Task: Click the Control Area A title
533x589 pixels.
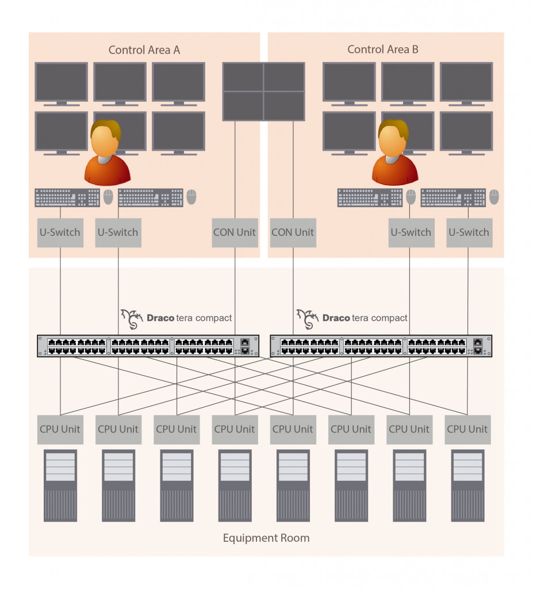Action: click(144, 50)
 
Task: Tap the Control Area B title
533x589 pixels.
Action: click(383, 49)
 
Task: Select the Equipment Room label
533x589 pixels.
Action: click(266, 538)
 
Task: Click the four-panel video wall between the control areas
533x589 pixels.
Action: click(264, 91)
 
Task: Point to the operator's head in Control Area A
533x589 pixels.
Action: click(105, 137)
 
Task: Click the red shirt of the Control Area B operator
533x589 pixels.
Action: click(394, 170)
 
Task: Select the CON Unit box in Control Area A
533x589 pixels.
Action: click(235, 232)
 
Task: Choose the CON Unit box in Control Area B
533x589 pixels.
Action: click(293, 232)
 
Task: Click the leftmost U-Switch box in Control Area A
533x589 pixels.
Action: click(60, 232)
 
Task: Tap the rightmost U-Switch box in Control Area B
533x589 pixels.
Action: click(469, 232)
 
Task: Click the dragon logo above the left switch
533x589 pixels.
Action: click(132, 319)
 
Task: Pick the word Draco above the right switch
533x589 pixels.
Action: click(336, 318)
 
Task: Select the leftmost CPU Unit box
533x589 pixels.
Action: click(60, 429)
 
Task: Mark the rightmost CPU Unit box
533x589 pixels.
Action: click(467, 429)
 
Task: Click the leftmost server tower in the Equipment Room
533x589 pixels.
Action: click(60, 485)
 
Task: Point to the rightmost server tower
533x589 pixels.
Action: click(467, 485)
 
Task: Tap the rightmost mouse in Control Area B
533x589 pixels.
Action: click(494, 197)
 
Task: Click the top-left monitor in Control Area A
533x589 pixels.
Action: click(61, 83)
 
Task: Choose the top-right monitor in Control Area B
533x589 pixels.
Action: click(466, 83)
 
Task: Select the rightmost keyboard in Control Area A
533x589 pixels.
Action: click(151, 197)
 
